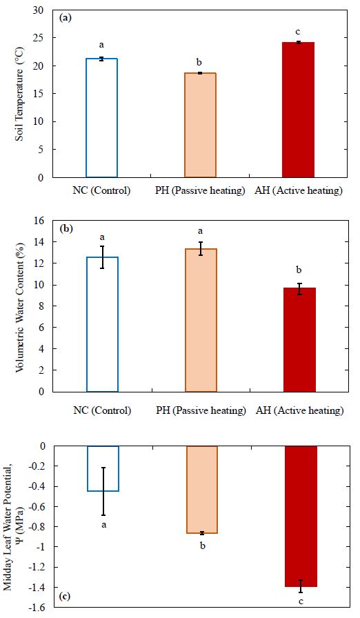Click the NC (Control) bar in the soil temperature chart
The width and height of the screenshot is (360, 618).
pos(101,118)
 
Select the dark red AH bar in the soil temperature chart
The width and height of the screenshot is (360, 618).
pos(299,110)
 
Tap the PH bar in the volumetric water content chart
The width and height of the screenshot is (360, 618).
pos(201,320)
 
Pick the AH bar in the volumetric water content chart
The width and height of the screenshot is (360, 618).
pos(299,340)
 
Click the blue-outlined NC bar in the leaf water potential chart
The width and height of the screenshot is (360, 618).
pos(103,468)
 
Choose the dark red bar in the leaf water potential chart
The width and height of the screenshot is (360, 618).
pos(301,517)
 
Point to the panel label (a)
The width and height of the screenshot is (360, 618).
pos(65,18)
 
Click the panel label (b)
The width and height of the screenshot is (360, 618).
pos(66,228)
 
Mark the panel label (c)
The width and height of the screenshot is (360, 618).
pos(65,597)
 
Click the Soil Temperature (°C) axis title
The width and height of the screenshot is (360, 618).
pos(19,94)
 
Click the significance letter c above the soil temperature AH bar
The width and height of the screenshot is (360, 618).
pos(299,32)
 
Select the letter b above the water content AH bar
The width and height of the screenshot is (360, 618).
pos(299,270)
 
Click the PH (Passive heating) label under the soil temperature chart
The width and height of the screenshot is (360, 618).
pos(200,191)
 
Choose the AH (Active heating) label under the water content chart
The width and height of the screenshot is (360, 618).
pos(300,410)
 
